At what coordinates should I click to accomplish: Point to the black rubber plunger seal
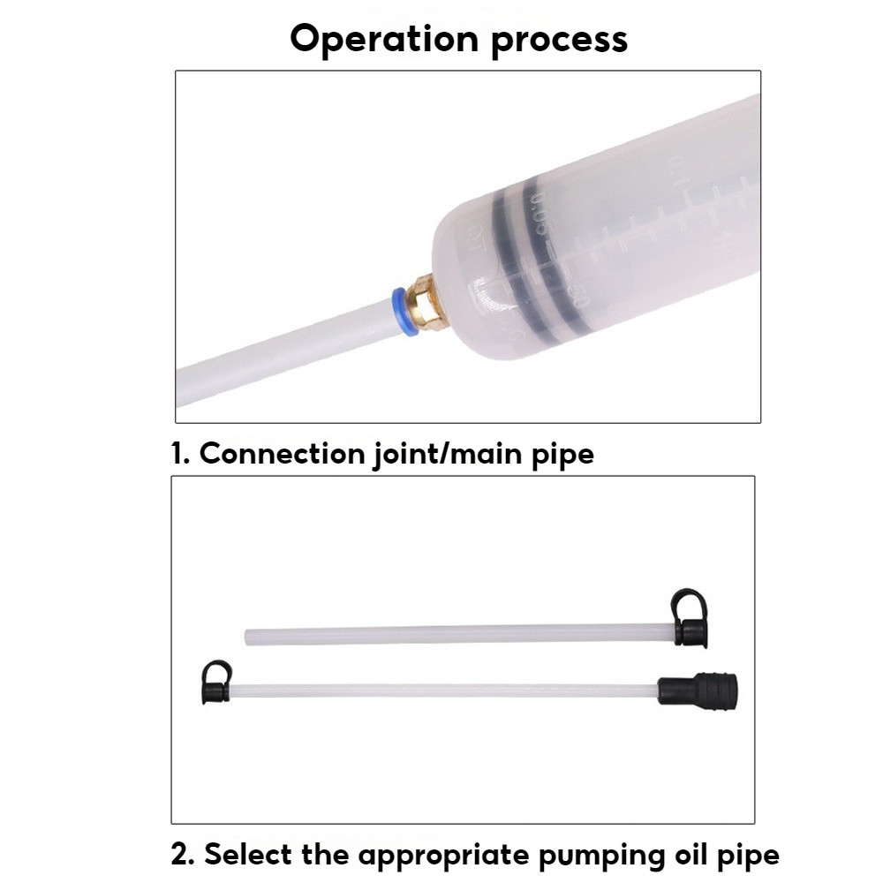(x=530, y=256)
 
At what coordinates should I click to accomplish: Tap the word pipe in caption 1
(x=562, y=454)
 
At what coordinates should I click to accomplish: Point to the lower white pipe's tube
(x=441, y=690)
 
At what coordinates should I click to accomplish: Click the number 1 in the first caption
(x=178, y=454)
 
